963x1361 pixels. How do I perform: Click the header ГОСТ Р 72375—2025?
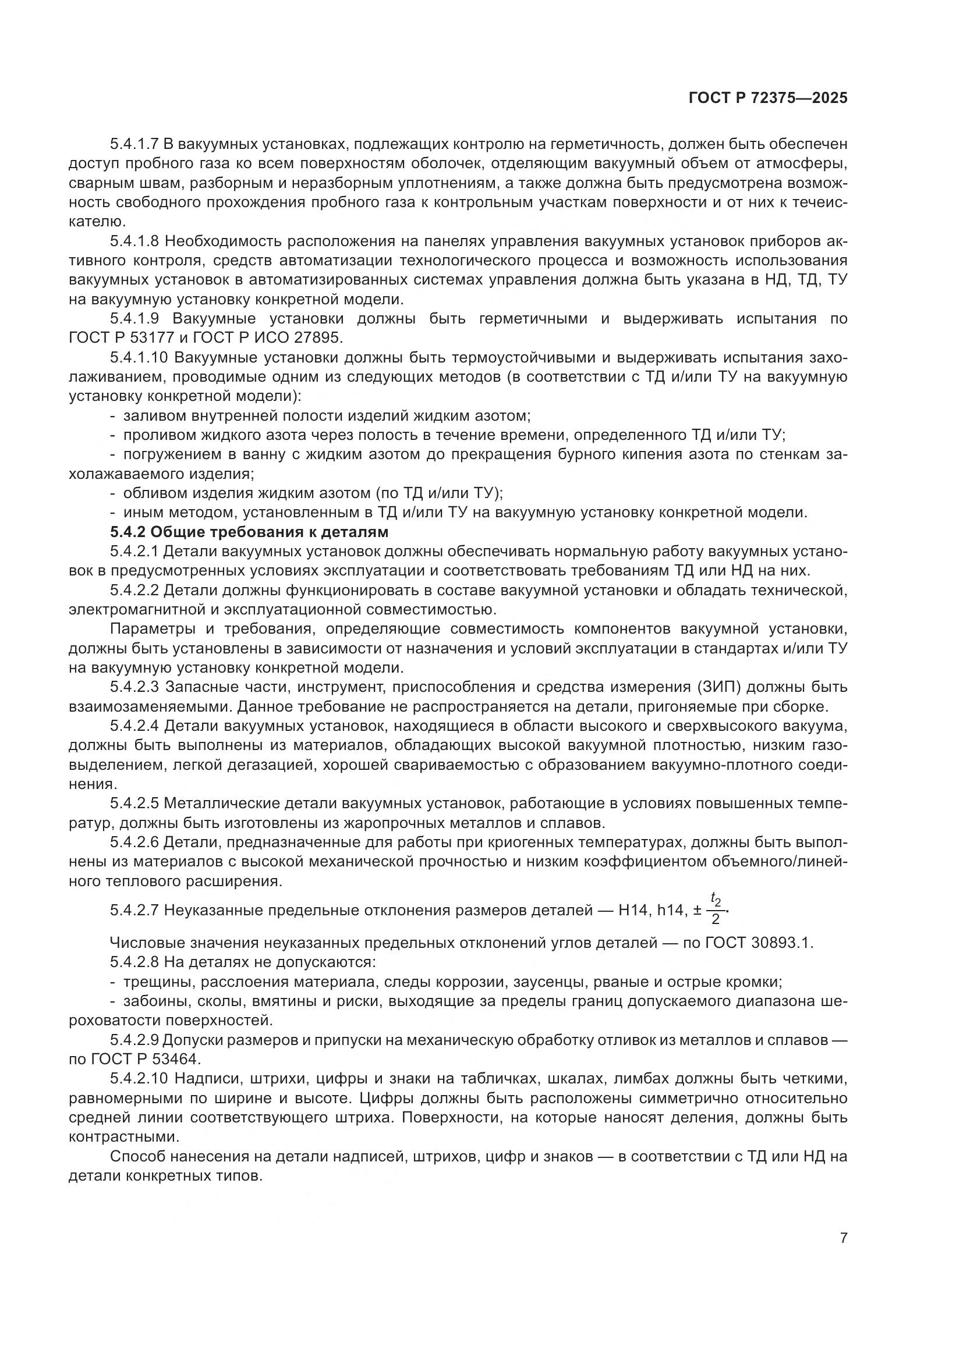(767, 98)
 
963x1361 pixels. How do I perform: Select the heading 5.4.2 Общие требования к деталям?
(249, 532)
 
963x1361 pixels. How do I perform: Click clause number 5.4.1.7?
(134, 144)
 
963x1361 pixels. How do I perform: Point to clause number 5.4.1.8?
(134, 241)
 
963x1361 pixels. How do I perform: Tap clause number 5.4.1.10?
(139, 357)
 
